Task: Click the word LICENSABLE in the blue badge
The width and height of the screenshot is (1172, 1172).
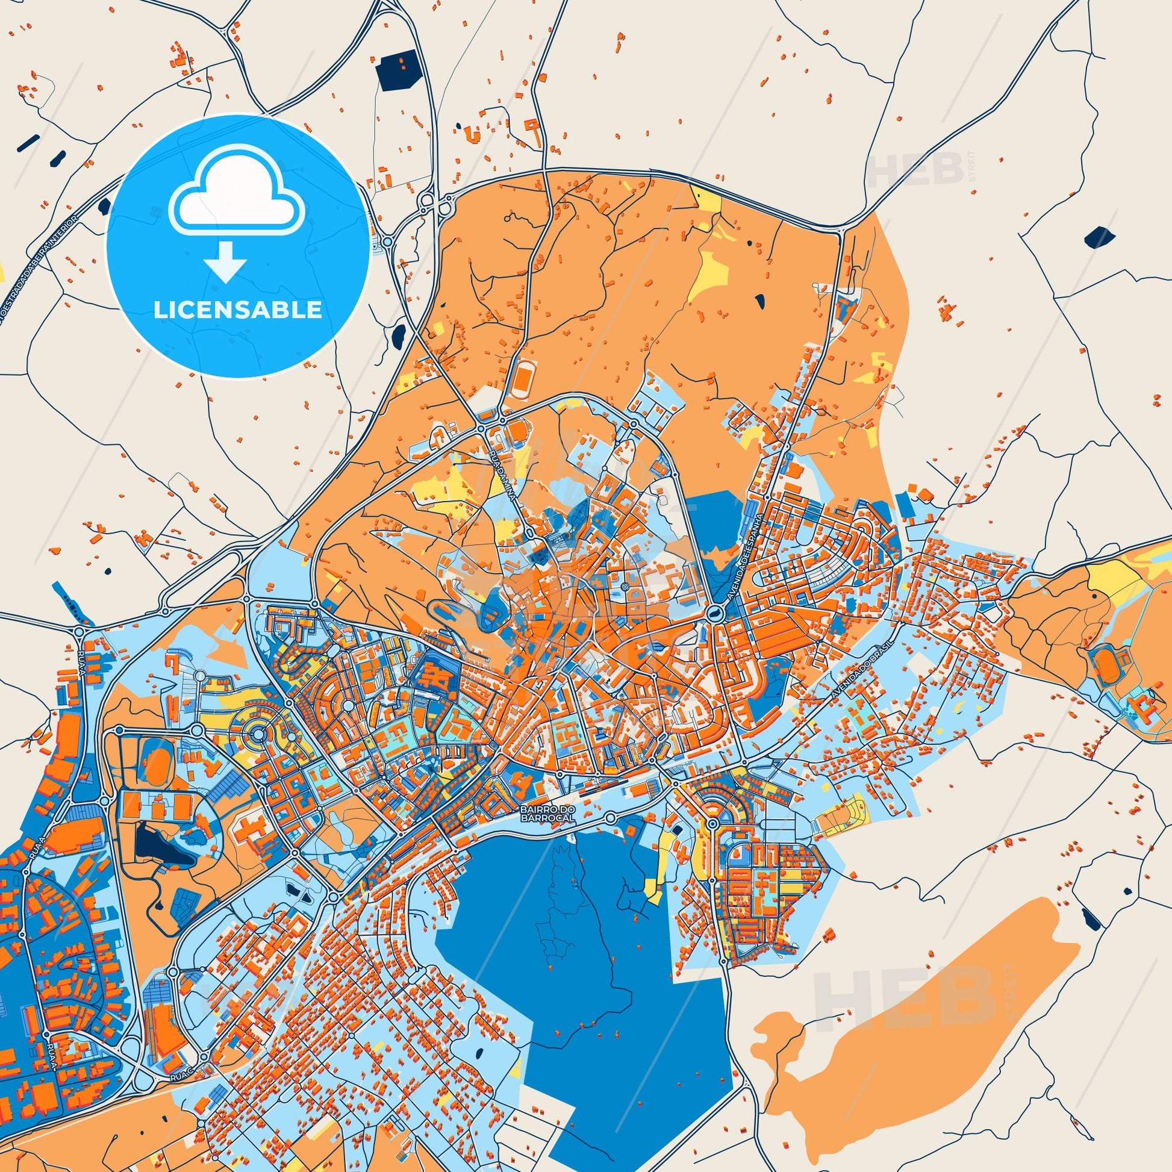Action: point(238,310)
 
